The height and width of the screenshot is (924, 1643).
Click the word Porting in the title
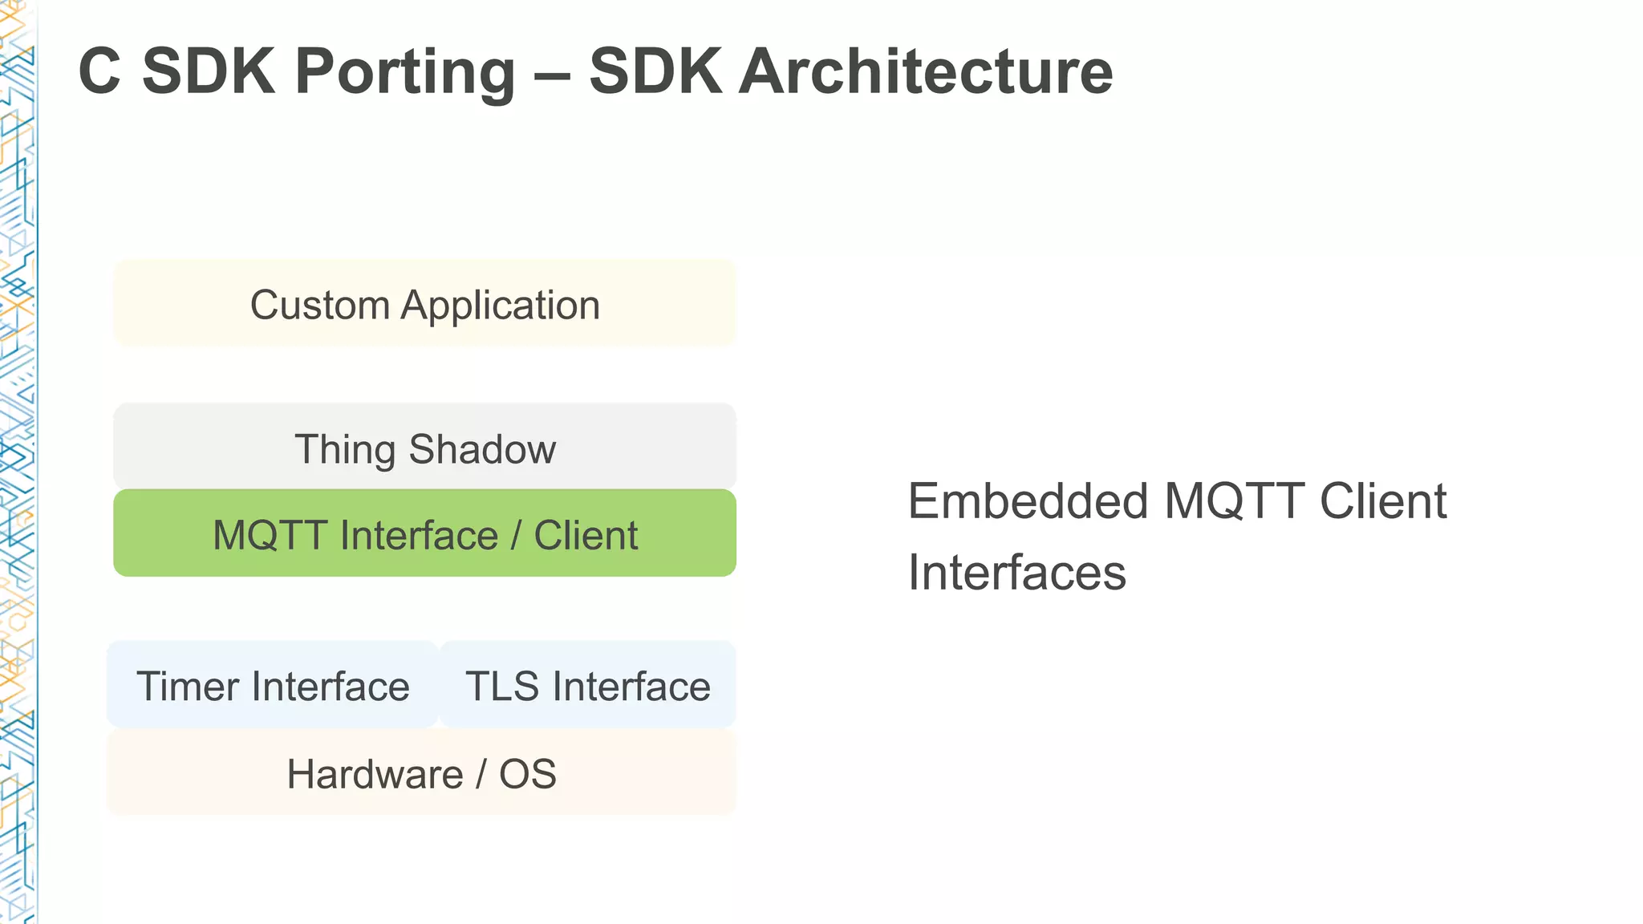point(404,72)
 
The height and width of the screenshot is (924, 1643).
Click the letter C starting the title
point(99,72)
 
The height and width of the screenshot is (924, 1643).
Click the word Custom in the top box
point(319,306)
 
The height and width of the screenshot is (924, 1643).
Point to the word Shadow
point(482,449)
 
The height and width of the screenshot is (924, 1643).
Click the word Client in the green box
point(586,535)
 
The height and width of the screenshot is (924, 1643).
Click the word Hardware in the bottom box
point(375,774)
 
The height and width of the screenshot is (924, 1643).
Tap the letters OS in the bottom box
point(527,774)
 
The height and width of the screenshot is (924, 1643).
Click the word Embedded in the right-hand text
point(1028,501)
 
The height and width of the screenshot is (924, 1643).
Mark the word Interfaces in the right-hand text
point(1016,573)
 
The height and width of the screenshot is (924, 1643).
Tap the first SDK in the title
point(208,72)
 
